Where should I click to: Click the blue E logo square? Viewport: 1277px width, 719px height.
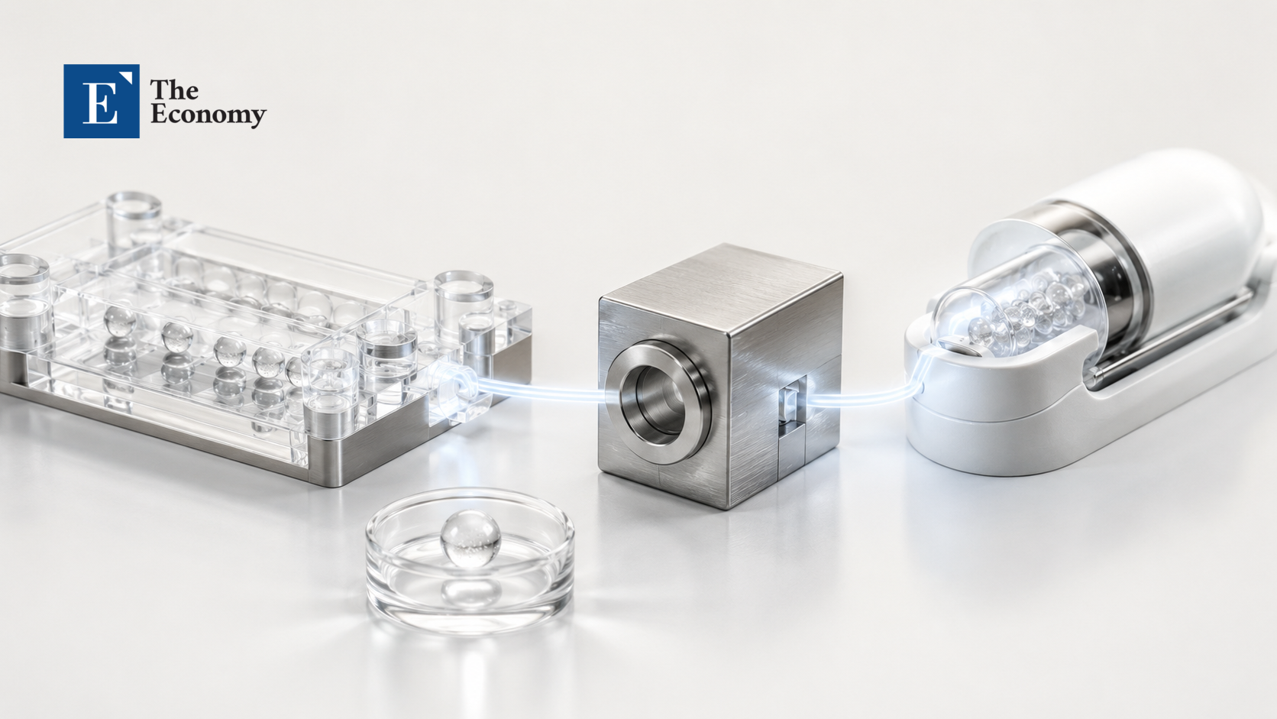[x=102, y=101]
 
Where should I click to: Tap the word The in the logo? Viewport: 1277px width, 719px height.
[x=174, y=89]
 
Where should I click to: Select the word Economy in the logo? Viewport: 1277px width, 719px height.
[x=208, y=115]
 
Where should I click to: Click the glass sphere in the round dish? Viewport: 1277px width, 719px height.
[x=470, y=539]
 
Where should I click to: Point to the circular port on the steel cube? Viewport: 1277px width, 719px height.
[x=658, y=402]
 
